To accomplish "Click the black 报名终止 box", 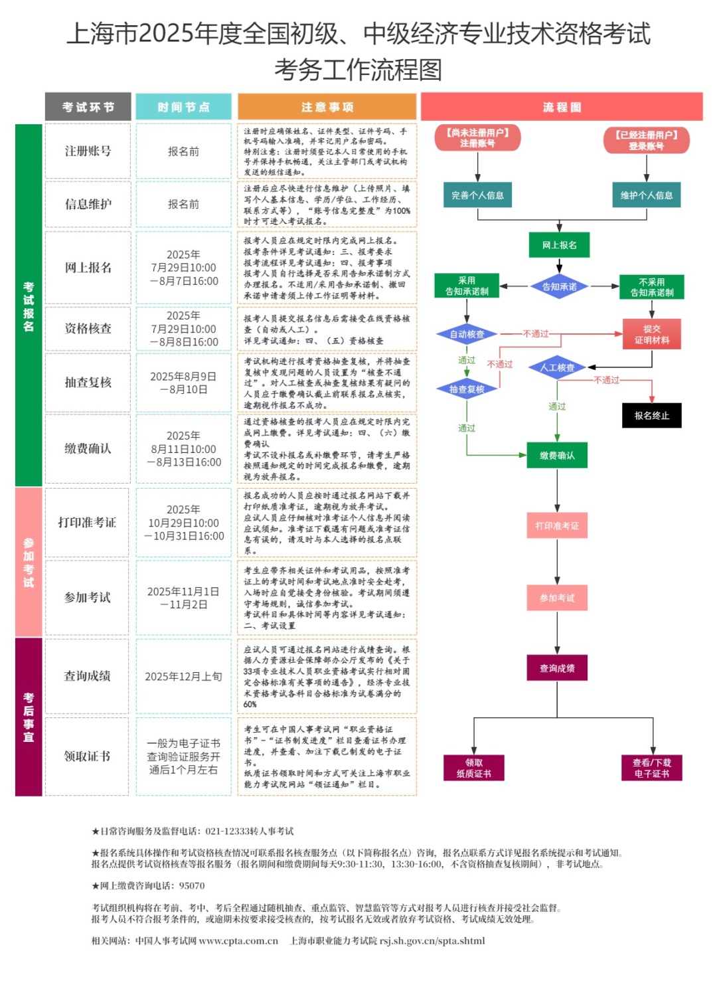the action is (651, 415).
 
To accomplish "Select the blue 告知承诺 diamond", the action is (559, 286).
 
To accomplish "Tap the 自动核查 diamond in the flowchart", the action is (467, 334).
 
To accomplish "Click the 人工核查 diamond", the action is (557, 367).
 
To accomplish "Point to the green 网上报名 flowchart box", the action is (559, 245).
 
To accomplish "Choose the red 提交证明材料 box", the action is (651, 334).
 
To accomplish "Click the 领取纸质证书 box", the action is (473, 768).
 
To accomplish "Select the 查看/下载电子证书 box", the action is (651, 768).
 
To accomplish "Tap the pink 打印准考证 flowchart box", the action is (557, 525).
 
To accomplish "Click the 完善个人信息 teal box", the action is (477, 195).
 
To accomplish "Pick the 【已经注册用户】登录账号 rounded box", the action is (646, 140).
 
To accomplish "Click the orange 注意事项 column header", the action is (327, 106).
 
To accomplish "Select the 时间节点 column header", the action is (183, 106).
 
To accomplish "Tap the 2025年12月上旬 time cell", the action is (183, 676).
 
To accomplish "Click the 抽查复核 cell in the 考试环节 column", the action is (88, 383).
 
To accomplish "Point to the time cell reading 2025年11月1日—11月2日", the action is (183, 598).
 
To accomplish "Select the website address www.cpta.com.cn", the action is (238, 940).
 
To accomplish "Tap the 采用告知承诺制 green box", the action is (467, 286).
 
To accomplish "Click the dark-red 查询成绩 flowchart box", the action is (557, 668).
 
